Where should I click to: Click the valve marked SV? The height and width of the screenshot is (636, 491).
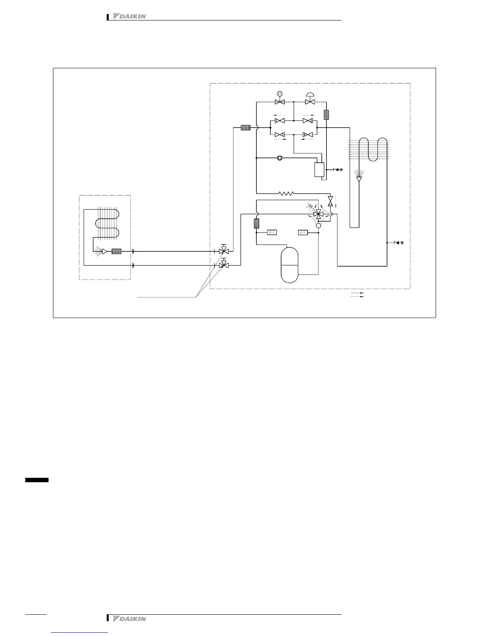click(280, 102)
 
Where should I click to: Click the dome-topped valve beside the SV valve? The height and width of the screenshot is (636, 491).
click(309, 102)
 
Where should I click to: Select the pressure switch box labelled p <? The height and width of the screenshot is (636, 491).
click(272, 232)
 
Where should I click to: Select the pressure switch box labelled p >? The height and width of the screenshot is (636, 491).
click(303, 232)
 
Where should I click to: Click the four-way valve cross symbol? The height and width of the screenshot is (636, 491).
click(319, 214)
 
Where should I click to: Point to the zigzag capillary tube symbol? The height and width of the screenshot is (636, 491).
click(286, 193)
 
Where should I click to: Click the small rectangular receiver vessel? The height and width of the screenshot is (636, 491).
click(320, 170)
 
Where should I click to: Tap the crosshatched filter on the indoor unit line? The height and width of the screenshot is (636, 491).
click(116, 251)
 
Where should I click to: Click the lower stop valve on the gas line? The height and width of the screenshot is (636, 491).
click(224, 265)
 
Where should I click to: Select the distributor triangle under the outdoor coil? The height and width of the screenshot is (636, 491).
click(359, 179)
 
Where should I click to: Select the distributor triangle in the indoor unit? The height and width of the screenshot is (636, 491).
click(104, 251)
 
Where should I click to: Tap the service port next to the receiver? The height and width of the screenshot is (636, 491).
click(337, 169)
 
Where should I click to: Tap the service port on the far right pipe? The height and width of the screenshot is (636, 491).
click(398, 243)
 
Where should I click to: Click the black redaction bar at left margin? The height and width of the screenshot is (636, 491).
click(37, 480)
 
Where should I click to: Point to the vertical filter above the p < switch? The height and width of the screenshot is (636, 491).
click(256, 224)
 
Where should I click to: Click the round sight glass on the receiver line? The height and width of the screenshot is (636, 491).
click(280, 158)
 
